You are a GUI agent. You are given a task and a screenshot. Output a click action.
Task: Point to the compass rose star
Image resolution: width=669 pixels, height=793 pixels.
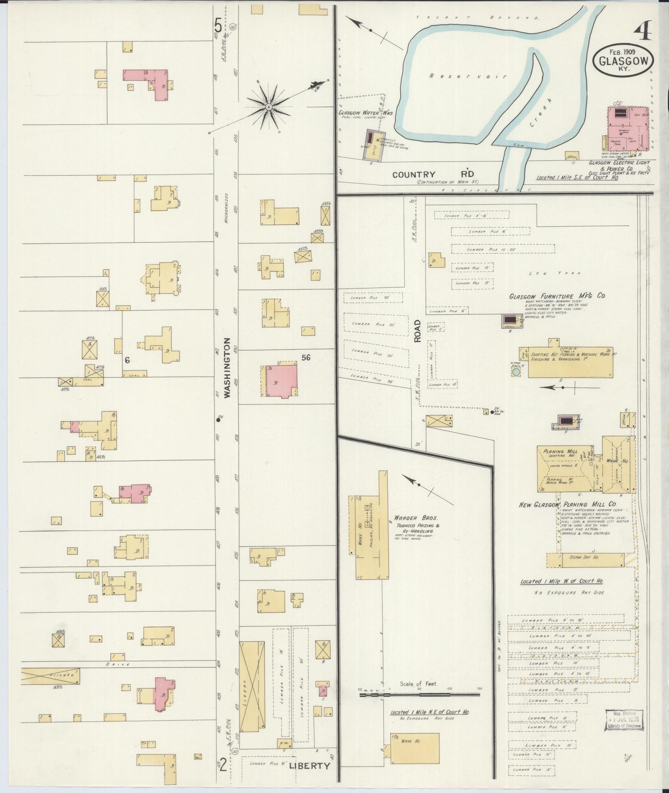(268, 107)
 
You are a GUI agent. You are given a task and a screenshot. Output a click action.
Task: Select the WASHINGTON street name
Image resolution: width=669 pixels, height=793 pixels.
(227, 368)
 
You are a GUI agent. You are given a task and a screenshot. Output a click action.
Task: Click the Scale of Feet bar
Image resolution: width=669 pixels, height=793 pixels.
(419, 694)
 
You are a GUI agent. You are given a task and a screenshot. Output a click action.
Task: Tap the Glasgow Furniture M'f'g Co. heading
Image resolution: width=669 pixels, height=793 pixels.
(557, 296)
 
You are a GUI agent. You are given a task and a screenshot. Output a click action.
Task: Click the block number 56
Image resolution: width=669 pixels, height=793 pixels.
(306, 357)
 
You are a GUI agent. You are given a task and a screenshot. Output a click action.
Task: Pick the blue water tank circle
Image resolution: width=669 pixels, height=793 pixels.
(516, 372)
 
